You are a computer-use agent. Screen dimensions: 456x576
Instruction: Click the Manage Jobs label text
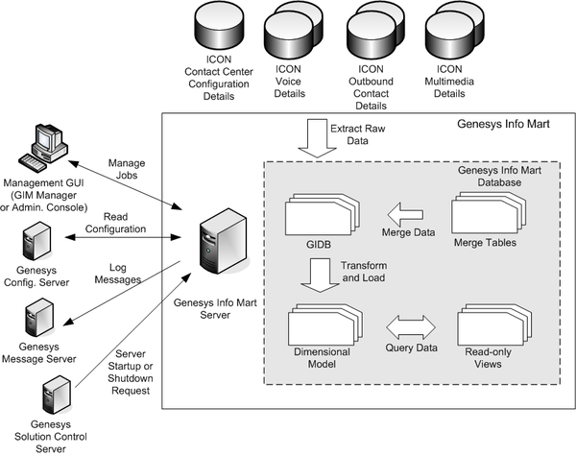[127, 169]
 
